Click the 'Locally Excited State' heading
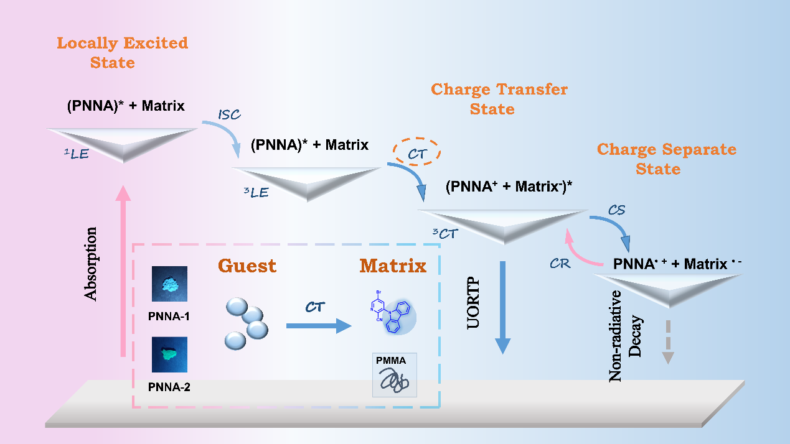click(122, 53)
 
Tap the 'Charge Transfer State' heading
click(499, 99)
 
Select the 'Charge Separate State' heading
click(666, 159)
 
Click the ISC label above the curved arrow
click(228, 115)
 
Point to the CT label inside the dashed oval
click(415, 152)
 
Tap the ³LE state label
click(256, 192)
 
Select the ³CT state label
click(444, 234)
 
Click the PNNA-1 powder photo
click(169, 284)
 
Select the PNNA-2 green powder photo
click(169, 355)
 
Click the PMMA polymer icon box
click(394, 375)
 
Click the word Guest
click(247, 266)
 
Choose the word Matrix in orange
click(393, 266)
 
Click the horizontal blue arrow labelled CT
click(317, 325)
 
